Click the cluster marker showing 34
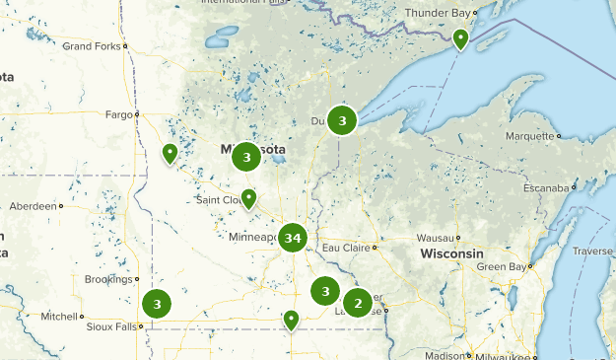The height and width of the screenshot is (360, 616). (x=292, y=238)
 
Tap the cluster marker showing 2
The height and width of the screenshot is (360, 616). (x=358, y=303)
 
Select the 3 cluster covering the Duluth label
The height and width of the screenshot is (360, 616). (x=342, y=120)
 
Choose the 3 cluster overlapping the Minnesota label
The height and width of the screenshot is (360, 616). (x=246, y=157)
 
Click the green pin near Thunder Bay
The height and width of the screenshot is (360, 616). (x=460, y=38)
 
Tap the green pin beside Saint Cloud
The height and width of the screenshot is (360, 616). (x=249, y=198)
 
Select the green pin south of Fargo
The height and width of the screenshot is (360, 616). (x=170, y=153)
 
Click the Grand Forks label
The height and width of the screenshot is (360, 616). (x=91, y=46)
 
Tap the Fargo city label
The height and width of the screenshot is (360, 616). (x=118, y=115)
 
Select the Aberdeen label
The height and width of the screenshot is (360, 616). (x=33, y=206)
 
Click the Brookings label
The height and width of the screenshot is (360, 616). (x=106, y=280)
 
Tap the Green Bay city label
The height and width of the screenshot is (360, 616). (x=498, y=267)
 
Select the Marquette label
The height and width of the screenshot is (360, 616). (x=529, y=136)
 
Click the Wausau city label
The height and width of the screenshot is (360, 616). (x=435, y=239)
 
